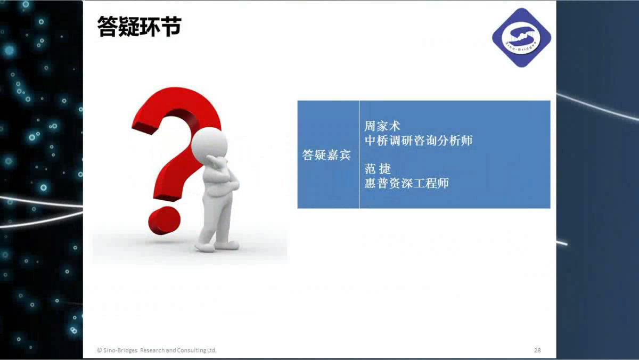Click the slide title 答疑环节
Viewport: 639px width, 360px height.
(x=139, y=27)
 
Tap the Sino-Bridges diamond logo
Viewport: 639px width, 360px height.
(x=521, y=38)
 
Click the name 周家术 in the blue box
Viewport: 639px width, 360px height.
(x=382, y=126)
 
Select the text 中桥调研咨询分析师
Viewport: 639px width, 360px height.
(x=419, y=141)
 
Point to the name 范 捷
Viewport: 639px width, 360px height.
(x=378, y=169)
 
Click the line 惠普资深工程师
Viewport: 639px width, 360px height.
(x=407, y=183)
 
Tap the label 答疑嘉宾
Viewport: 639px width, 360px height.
(x=326, y=155)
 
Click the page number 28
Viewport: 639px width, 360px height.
(x=537, y=350)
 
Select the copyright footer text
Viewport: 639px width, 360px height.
(x=157, y=350)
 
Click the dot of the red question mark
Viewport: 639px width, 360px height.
(x=165, y=221)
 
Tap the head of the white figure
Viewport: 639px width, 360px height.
(x=209, y=143)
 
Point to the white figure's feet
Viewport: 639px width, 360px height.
(x=217, y=246)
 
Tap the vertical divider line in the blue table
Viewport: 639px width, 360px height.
(x=359, y=154)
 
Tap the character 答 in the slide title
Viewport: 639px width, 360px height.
(x=107, y=27)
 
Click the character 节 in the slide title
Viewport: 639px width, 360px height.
(x=171, y=27)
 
